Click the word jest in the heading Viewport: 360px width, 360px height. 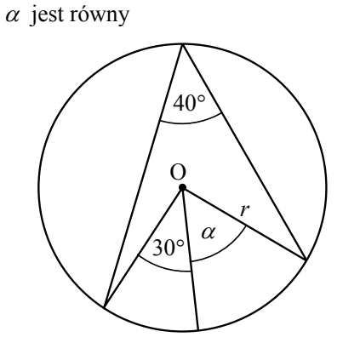(47, 15)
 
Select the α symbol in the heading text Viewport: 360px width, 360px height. (13, 16)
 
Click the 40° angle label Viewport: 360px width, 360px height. (189, 103)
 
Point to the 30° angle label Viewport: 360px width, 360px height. (169, 248)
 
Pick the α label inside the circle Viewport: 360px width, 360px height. (209, 233)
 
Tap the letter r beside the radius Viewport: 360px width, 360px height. (244, 210)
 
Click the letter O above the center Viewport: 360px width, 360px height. (178, 172)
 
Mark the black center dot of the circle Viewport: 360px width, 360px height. (182, 187)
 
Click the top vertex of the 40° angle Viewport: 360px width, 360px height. (183, 44)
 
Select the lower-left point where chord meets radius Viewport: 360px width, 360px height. (105, 307)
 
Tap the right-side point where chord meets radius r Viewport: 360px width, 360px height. (306, 260)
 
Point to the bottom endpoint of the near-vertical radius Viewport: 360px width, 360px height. (198, 330)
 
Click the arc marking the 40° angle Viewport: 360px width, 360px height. (190, 123)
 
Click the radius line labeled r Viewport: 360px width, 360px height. (244, 224)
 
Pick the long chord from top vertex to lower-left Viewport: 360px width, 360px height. (144, 176)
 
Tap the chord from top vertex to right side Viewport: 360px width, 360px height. (244, 151)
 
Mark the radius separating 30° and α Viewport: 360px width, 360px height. (191, 259)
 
